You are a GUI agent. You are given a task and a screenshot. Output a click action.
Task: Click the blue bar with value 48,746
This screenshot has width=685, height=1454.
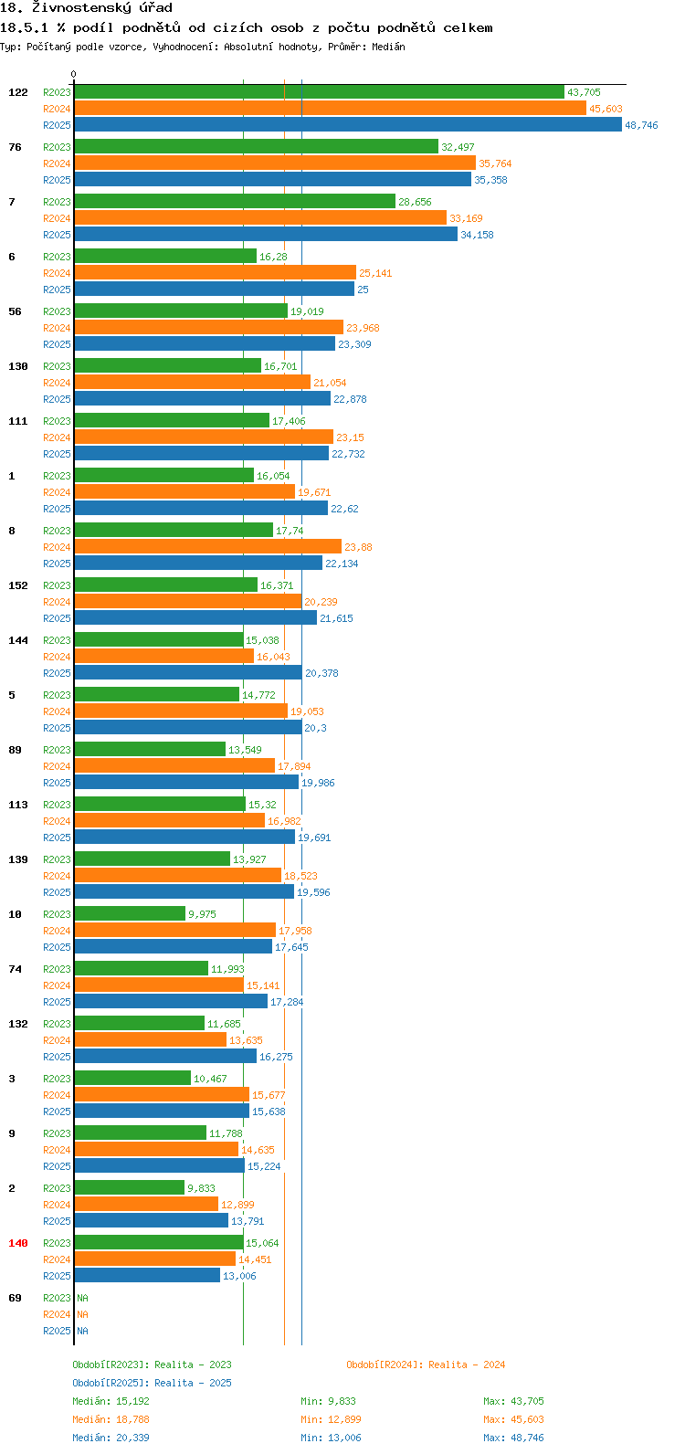coord(348,124)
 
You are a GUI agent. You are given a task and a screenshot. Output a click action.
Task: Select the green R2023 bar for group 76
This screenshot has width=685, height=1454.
coord(257,147)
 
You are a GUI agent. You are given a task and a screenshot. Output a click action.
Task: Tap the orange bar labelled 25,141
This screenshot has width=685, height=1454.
coord(216,272)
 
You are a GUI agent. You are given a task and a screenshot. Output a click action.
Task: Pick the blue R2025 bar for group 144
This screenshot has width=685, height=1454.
coord(188,673)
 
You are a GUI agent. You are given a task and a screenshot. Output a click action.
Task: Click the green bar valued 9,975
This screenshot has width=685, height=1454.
coord(130,914)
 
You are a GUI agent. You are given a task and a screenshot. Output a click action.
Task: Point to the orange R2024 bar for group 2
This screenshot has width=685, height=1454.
coord(147,1205)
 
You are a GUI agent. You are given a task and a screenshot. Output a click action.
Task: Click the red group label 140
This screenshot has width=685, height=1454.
coord(18,1243)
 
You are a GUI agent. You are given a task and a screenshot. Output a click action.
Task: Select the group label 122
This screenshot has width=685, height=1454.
coord(18,92)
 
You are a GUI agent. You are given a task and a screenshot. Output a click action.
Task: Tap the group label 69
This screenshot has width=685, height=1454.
coord(15,1298)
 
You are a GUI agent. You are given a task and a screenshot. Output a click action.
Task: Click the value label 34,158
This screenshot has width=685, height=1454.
coord(478,235)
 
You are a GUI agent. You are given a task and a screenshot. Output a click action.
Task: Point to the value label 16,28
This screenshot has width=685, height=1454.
coord(273,257)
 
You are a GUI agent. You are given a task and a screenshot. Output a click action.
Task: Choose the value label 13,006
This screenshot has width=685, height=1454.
coord(239,1276)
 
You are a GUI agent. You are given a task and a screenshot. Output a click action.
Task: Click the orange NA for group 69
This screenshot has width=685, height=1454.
coord(82,1314)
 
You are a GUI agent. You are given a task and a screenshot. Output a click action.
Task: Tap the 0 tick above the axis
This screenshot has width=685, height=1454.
coord(73,75)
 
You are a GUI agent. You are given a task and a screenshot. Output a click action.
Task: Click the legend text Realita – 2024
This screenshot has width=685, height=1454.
coord(467,1364)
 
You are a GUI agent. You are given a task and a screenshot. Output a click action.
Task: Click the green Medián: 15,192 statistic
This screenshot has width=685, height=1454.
coord(111,1401)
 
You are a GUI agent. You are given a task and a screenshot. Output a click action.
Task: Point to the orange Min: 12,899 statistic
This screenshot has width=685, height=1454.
coord(332,1419)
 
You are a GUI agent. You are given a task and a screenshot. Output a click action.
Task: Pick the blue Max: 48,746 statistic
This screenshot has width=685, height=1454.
coord(513,1438)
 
